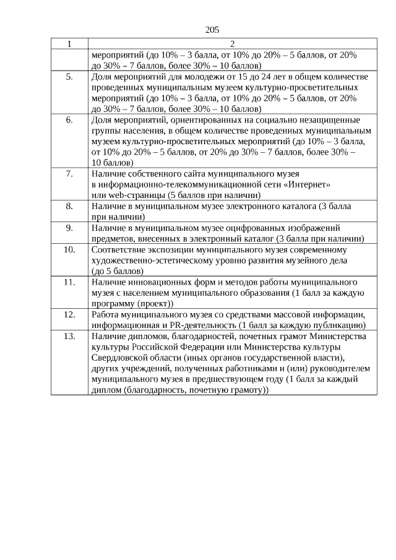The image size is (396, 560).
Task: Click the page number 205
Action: [212, 29]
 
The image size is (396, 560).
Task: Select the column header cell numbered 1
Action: [69, 44]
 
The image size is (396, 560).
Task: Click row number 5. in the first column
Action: [69, 77]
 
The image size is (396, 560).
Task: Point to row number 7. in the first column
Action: [69, 174]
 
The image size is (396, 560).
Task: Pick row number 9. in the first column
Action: [69, 228]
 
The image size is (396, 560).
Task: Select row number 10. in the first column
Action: [69, 249]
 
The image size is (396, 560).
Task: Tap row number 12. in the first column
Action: [69, 314]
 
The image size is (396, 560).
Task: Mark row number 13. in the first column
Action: [69, 336]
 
